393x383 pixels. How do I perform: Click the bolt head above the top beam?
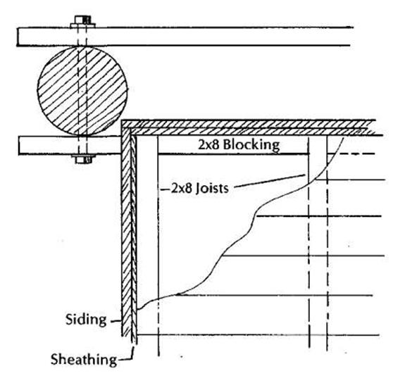[x=82, y=20]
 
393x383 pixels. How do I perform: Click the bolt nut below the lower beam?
[x=83, y=160]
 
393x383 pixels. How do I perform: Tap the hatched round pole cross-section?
[x=82, y=91]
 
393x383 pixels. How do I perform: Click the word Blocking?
[x=251, y=145]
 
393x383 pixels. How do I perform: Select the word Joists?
[x=212, y=188]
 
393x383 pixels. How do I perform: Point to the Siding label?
[x=86, y=320]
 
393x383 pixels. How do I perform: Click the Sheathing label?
[x=84, y=360]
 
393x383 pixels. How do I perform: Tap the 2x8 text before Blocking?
[x=209, y=145]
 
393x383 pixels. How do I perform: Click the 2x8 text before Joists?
[x=182, y=188]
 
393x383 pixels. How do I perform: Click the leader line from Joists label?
[x=269, y=180]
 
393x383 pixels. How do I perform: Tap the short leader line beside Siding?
[x=116, y=320]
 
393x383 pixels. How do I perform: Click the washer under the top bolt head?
[x=82, y=25]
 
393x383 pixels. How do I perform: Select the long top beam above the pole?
[x=185, y=37]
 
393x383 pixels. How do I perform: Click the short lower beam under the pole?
[x=70, y=146]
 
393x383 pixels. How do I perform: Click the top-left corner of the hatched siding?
[x=122, y=120]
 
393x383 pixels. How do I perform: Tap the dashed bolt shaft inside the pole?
[x=82, y=91]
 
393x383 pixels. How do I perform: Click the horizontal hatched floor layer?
[x=251, y=127]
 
